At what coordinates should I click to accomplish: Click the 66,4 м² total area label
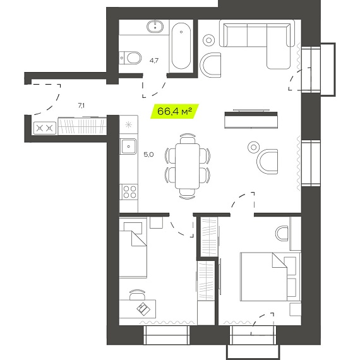(x=174, y=111)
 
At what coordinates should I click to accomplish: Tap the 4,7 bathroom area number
(x=154, y=61)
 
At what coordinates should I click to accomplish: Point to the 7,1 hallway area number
(x=81, y=105)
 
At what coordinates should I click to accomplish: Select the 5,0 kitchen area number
(x=148, y=155)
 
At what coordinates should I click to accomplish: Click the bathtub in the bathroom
(x=181, y=46)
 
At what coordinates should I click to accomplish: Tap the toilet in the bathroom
(x=130, y=58)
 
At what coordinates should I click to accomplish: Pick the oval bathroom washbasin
(x=155, y=27)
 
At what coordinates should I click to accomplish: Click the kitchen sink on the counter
(x=128, y=147)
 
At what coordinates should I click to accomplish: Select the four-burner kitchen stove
(x=129, y=192)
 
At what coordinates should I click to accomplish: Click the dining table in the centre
(x=188, y=165)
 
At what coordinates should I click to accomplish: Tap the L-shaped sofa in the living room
(x=257, y=44)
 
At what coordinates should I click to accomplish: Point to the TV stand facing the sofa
(x=251, y=120)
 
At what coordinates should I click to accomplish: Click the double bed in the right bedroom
(x=270, y=277)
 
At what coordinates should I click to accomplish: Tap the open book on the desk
(x=143, y=309)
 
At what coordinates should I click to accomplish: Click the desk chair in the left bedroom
(x=137, y=294)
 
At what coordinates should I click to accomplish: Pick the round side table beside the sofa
(x=208, y=40)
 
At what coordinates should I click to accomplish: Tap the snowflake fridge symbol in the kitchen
(x=128, y=125)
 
